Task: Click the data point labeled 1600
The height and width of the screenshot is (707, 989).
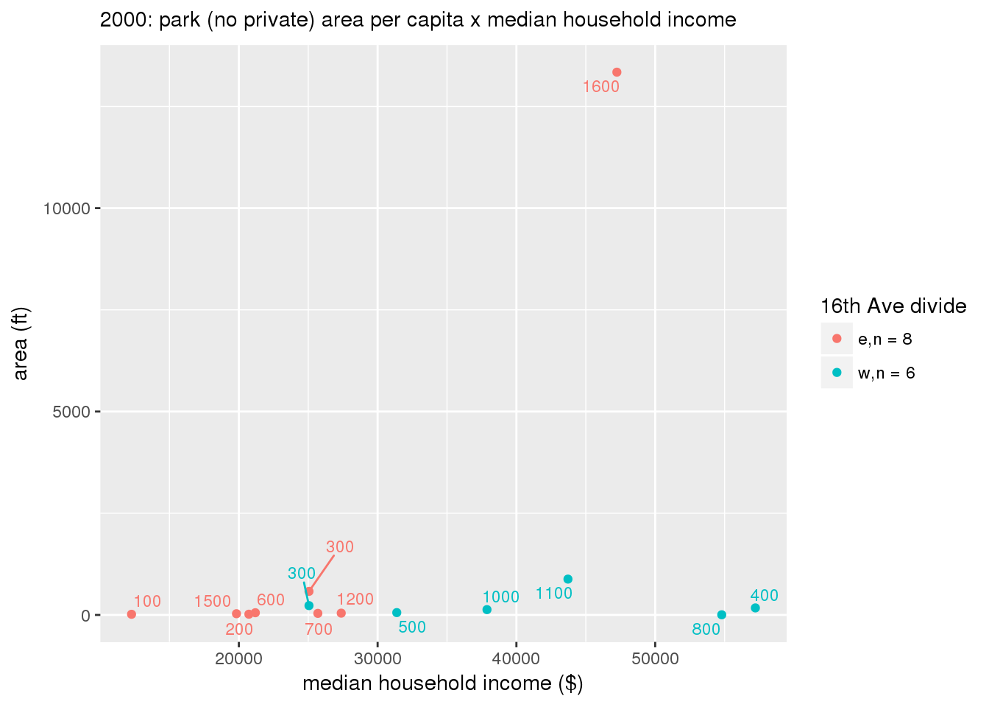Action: (x=617, y=72)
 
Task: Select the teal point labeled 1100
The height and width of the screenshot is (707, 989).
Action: (x=567, y=579)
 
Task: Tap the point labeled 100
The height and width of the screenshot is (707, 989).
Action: (x=132, y=614)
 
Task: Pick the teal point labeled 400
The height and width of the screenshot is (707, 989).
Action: (x=755, y=608)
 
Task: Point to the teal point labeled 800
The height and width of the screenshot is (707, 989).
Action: (x=721, y=615)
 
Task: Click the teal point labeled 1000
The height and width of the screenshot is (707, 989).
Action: (x=486, y=610)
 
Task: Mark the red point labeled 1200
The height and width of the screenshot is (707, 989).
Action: (x=341, y=613)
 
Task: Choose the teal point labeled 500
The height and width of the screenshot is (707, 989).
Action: (x=397, y=613)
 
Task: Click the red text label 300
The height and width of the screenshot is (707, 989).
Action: (x=340, y=547)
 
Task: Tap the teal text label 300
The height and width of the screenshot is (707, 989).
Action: (x=302, y=574)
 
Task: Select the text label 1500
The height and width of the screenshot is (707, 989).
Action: (x=213, y=602)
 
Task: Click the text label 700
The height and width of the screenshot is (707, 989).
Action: (x=319, y=630)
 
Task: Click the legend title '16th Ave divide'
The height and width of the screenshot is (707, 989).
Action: (x=893, y=306)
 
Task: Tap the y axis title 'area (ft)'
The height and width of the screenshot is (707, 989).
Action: (x=21, y=343)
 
